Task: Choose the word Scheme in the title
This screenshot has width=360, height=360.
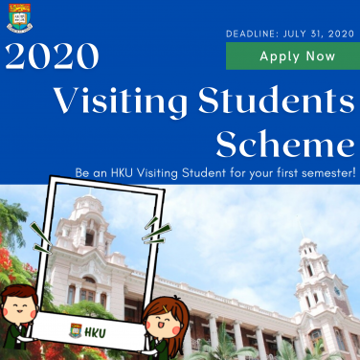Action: (x=285, y=145)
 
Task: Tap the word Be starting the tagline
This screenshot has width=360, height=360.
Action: (x=81, y=173)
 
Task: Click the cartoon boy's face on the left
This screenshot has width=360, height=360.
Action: (x=21, y=310)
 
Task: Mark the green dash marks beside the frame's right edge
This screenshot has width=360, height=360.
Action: (x=149, y=228)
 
